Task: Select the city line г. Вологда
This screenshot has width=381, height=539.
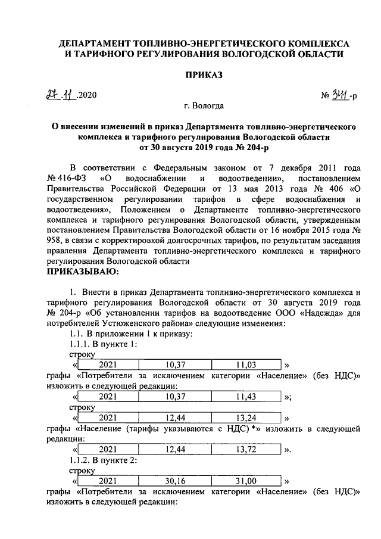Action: [204, 106]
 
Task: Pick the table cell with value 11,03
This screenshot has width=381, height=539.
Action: [246, 364]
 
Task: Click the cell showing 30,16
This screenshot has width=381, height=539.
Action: [177, 481]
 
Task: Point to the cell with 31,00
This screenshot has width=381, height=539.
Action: [246, 481]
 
